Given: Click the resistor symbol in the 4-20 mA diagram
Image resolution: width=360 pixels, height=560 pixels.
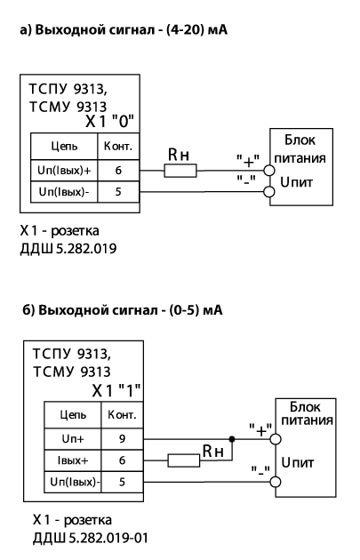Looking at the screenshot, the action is click(x=180, y=171).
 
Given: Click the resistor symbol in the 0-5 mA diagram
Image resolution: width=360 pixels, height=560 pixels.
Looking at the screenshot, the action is click(x=184, y=460).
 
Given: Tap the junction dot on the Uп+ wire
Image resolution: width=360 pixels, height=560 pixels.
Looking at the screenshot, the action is click(x=232, y=439).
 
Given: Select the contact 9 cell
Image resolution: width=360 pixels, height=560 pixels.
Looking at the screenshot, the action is click(x=122, y=439).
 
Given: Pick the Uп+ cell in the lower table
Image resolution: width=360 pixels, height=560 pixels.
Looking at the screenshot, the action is click(x=73, y=439).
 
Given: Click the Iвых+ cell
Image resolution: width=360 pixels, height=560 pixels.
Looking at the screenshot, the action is click(x=73, y=460).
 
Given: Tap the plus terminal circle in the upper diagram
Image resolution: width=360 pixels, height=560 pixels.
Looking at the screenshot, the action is click(x=269, y=171).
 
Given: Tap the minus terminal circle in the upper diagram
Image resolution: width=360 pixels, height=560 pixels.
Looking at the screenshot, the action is click(x=269, y=192).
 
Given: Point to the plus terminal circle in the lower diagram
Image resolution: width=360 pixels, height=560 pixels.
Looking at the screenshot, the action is click(x=275, y=439).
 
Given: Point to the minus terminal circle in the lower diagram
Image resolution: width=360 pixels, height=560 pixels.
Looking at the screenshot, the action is click(x=275, y=482).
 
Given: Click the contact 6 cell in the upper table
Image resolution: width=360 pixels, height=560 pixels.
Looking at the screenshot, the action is click(x=118, y=171).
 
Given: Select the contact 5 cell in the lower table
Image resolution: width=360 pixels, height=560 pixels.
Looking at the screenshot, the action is click(x=122, y=482).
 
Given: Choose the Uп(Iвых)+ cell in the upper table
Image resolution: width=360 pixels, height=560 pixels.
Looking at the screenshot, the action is click(x=64, y=171).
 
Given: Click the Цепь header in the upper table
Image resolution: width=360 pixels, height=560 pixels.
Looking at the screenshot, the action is click(x=64, y=147).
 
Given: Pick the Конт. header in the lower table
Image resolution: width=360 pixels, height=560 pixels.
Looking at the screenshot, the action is click(x=122, y=415).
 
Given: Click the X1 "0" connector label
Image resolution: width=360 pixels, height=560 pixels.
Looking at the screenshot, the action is click(x=109, y=122).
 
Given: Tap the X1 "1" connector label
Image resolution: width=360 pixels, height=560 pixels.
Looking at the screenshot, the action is click(x=116, y=390).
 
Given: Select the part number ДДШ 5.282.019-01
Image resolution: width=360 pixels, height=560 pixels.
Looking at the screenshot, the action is click(x=91, y=538).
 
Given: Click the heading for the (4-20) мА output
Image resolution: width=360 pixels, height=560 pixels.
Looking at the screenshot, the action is click(x=124, y=29).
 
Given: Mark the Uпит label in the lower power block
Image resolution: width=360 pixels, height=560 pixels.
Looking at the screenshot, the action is click(x=298, y=463).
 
